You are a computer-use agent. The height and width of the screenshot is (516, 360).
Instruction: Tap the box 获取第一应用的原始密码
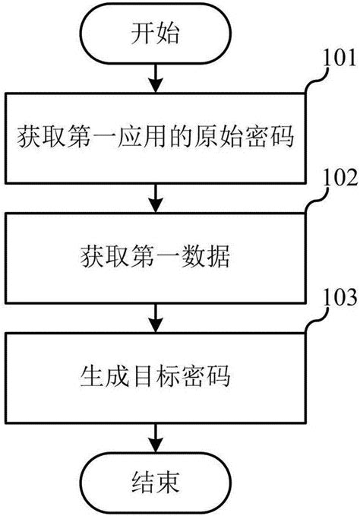click(156, 141)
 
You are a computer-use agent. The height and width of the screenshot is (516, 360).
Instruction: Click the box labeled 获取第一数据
click(156, 258)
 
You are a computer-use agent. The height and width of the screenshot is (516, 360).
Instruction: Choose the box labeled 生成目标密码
click(156, 375)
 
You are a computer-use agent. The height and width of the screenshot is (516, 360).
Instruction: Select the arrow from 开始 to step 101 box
click(156, 77)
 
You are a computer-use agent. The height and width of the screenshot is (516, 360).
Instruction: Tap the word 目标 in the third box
click(156, 375)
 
